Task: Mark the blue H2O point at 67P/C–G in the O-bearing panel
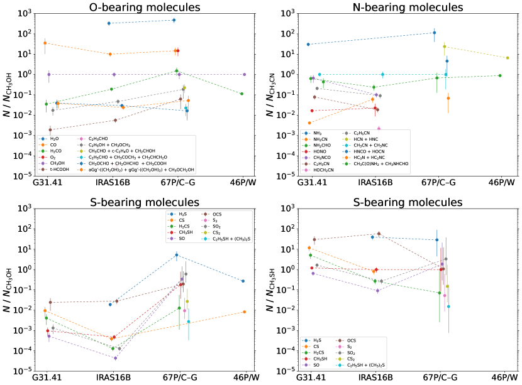coord(174,20)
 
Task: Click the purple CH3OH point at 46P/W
coord(244,74)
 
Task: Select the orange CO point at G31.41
coord(45,43)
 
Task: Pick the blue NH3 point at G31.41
coord(308,44)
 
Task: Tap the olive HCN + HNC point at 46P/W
coord(508,58)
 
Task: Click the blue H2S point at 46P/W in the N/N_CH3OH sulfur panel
coord(243,281)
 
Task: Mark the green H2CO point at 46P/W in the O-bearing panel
coord(242,94)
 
